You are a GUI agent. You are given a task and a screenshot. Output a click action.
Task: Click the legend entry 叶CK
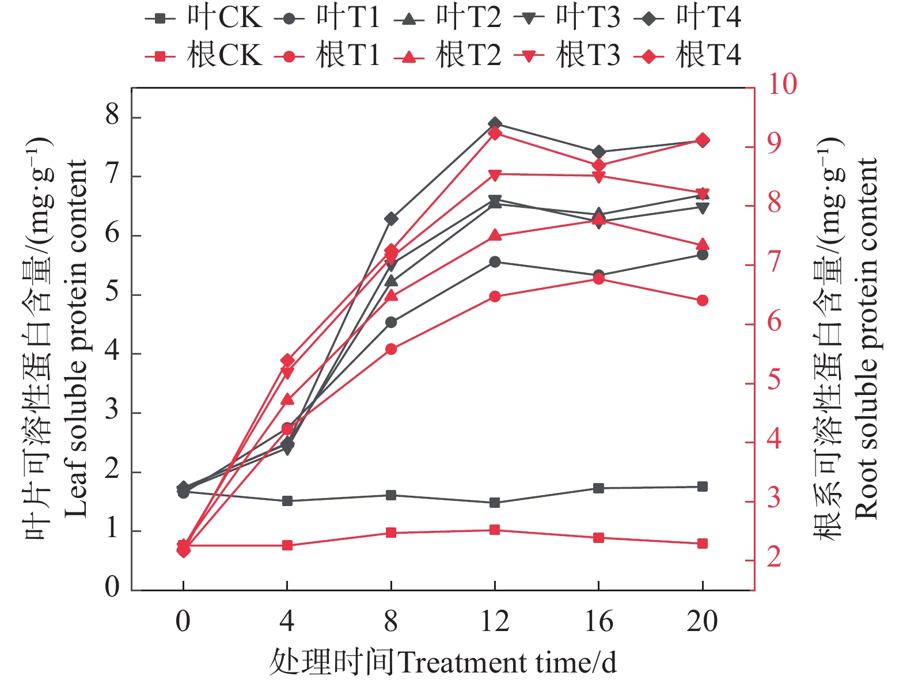click(204, 18)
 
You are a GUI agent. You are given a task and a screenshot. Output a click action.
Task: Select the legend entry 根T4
click(688, 56)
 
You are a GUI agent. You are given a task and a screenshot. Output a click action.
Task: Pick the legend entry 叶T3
click(567, 18)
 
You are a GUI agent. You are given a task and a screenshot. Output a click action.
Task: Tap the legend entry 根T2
click(447, 56)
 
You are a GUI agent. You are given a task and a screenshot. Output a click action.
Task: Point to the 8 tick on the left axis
click(112, 117)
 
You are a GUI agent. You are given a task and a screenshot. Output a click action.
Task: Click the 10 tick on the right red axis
click(782, 85)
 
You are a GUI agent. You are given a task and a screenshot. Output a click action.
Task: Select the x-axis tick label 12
click(495, 622)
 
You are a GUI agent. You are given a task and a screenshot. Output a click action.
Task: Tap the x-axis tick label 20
click(702, 622)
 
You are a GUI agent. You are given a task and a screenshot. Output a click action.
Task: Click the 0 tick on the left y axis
click(112, 587)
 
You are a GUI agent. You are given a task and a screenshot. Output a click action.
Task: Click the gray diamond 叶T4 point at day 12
click(495, 124)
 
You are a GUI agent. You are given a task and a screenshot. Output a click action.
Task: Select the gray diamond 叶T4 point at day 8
click(391, 219)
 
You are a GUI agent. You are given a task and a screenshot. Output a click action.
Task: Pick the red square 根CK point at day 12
click(495, 530)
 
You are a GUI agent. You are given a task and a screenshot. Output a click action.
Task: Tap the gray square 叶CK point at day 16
click(599, 488)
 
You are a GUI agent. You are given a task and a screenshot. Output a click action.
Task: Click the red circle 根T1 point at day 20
click(703, 301)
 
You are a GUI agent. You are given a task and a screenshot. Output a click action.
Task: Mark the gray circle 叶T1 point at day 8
click(391, 322)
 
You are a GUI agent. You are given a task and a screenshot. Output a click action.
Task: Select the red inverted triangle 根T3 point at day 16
click(599, 177)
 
